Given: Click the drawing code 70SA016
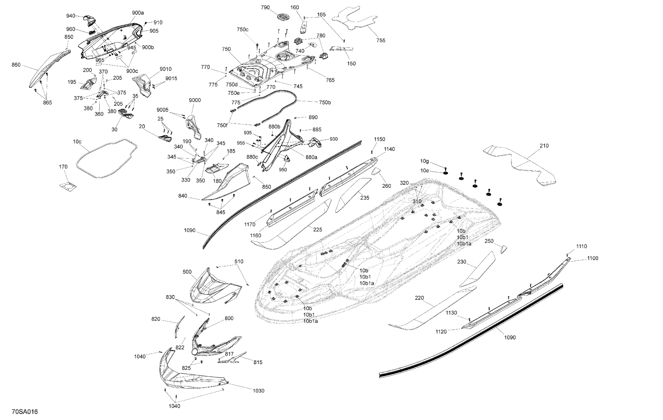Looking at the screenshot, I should (x=25, y=412).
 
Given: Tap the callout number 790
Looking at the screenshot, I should (x=265, y=8).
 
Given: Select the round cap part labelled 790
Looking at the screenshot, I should (x=283, y=16).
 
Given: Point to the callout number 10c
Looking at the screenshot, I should (x=77, y=142).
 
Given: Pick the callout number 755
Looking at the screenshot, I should (x=381, y=40).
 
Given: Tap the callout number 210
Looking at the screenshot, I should (x=544, y=146).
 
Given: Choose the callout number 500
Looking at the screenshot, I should (x=187, y=272).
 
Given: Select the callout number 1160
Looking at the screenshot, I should (x=255, y=236).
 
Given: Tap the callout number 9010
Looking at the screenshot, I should (x=166, y=69).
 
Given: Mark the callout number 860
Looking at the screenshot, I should (x=16, y=65).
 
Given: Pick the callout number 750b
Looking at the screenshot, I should (x=325, y=102).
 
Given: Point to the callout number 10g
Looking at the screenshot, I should (x=424, y=161).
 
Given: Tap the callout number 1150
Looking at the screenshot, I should (x=379, y=139).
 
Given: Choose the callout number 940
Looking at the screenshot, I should (x=70, y=16).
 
